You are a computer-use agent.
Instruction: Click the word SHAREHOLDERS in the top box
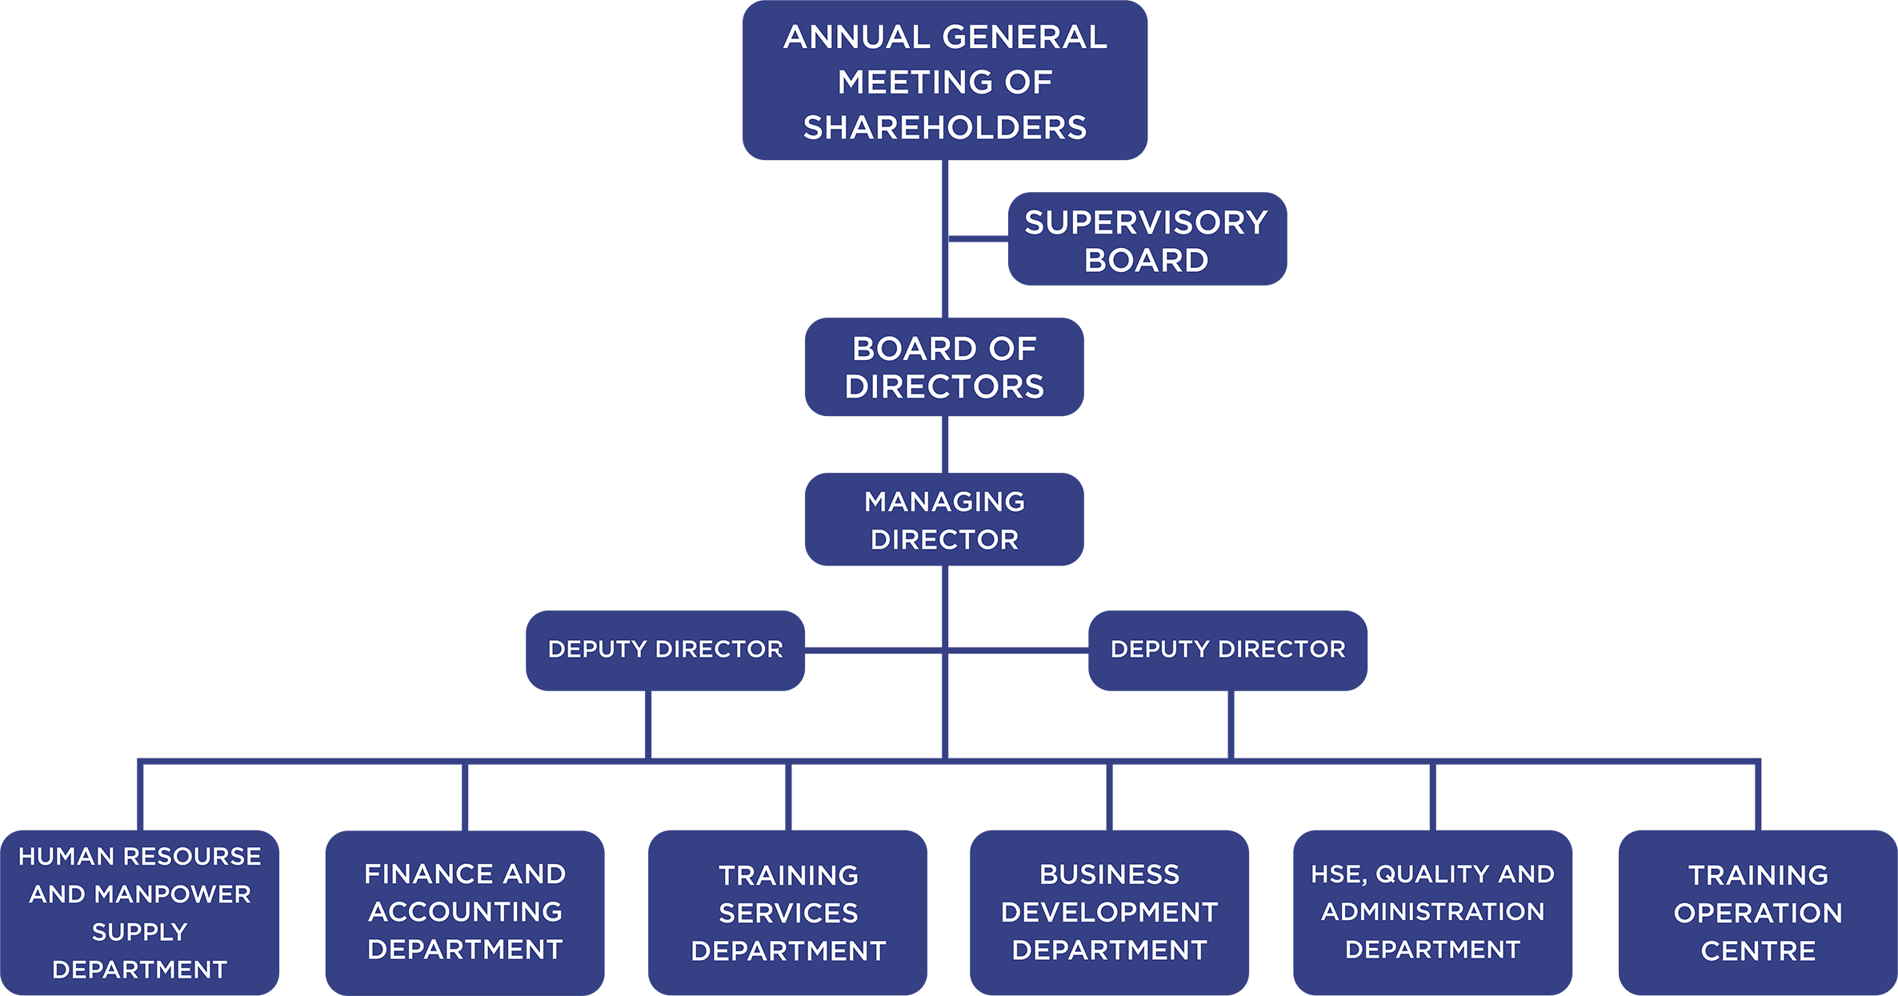(x=945, y=128)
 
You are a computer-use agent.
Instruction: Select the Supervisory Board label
(x=1146, y=241)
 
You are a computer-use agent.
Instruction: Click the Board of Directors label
(x=944, y=367)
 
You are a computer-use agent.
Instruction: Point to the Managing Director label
(x=944, y=520)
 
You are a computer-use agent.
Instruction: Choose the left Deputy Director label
(x=665, y=649)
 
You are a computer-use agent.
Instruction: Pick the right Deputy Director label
(x=1227, y=649)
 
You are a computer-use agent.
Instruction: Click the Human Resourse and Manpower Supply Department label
(x=139, y=913)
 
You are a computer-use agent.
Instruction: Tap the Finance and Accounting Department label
(x=465, y=911)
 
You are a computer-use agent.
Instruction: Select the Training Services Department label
(x=788, y=913)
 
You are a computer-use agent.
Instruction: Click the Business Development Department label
(x=1109, y=912)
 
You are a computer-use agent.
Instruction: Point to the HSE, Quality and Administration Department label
(x=1432, y=911)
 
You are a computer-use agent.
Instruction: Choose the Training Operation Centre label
(x=1758, y=913)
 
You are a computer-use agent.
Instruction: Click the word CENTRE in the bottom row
(x=1758, y=951)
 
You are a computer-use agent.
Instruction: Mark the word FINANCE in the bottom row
(x=422, y=874)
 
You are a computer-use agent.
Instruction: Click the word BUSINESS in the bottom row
(x=1109, y=874)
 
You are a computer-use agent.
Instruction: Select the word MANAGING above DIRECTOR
(x=944, y=502)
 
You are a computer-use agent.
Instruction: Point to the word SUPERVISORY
(x=1146, y=223)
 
